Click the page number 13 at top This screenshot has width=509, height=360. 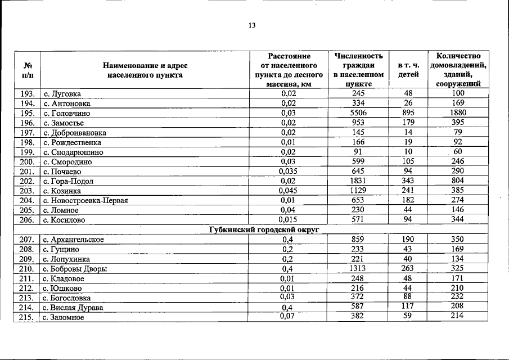[x=251, y=25]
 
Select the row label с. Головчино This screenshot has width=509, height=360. [x=67, y=113]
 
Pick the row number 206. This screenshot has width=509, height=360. [x=27, y=220]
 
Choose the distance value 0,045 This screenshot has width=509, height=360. [x=289, y=191]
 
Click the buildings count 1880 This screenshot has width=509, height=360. [x=458, y=113]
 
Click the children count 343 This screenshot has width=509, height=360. [x=408, y=181]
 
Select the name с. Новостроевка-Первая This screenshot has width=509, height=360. [x=86, y=201]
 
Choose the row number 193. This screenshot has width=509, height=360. [x=27, y=94]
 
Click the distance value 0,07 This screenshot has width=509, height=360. [x=289, y=316]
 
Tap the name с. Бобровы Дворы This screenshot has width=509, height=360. [x=75, y=269]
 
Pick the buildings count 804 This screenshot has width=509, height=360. [x=458, y=181]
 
